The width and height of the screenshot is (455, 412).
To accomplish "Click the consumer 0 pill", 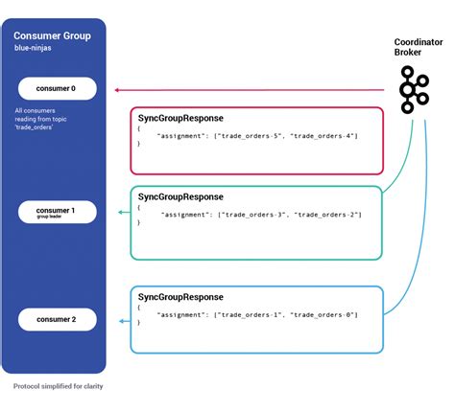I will (x=54, y=89).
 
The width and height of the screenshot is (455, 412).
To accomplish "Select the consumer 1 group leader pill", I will (x=54, y=212).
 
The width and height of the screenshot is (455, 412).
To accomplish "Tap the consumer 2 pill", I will (x=54, y=318).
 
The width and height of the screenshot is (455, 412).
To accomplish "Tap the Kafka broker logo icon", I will (x=413, y=90).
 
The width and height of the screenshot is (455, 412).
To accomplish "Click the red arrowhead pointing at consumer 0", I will (x=116, y=90).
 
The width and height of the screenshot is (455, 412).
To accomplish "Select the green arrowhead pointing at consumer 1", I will (x=120, y=212).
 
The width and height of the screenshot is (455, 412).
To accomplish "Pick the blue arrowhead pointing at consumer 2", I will (x=120, y=320).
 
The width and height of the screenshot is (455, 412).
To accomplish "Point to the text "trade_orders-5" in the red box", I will (x=253, y=136).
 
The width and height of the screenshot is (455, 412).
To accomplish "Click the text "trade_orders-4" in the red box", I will (x=324, y=136).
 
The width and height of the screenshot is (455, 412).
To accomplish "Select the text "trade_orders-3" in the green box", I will (x=253, y=217).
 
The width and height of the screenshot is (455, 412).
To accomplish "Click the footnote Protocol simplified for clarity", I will (x=59, y=387).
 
